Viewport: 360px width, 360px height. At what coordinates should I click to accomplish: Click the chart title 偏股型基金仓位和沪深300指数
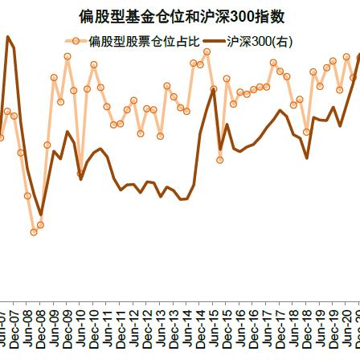click(181, 14)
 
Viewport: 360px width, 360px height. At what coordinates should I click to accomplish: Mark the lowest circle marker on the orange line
click(33, 232)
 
